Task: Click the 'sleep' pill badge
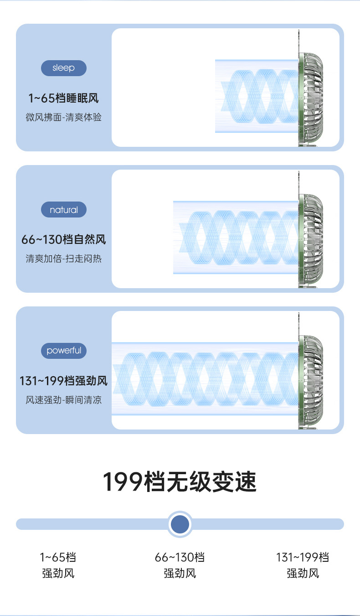[63, 68]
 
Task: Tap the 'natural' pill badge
[63, 210]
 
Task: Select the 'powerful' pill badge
[63, 351]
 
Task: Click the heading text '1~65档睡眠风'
[63, 98]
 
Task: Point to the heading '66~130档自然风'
[63, 239]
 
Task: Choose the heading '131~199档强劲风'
[63, 381]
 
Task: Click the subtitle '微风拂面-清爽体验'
[63, 118]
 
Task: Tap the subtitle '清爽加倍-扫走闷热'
[63, 259]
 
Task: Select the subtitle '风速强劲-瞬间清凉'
[63, 400]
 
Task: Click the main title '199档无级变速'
[180, 482]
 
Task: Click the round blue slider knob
[180, 524]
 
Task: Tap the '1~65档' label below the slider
[58, 557]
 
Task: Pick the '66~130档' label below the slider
[180, 557]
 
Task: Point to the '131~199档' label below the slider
[303, 557]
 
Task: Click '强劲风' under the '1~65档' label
[58, 573]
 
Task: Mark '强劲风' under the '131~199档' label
[303, 573]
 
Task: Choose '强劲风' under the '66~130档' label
[180, 573]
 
